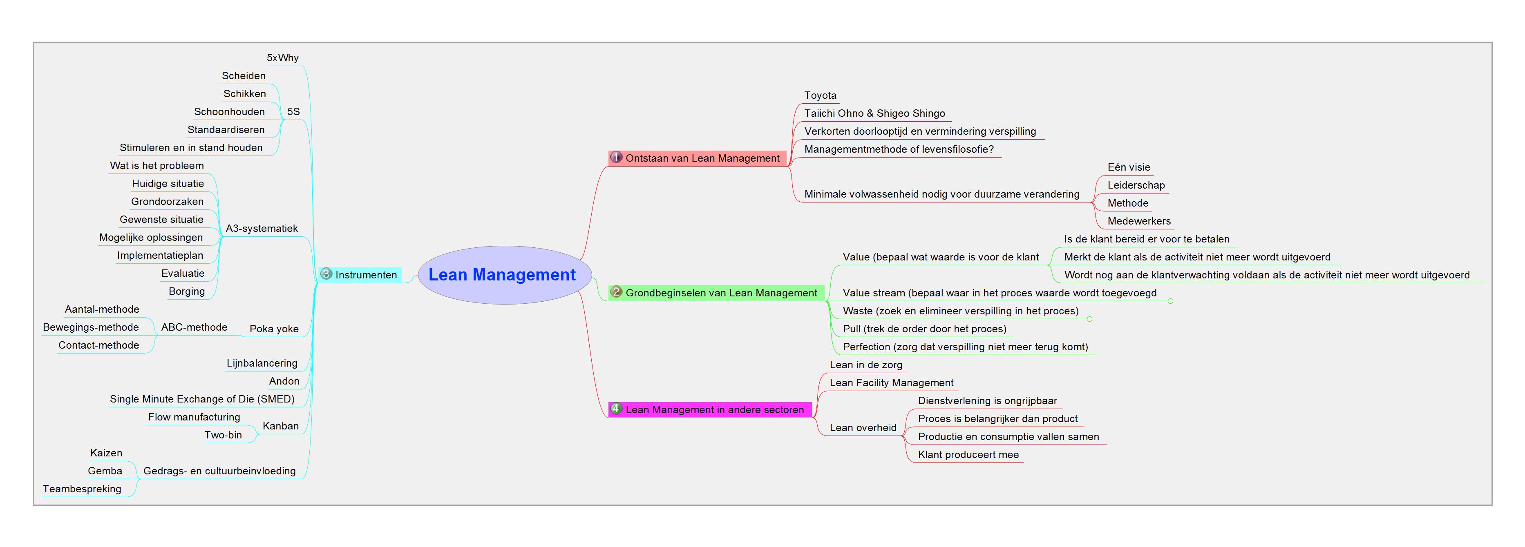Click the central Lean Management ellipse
point(504,275)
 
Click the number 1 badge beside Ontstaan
point(616,157)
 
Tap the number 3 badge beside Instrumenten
point(326,274)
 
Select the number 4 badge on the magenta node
point(616,409)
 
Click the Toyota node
point(820,95)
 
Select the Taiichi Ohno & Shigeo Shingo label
point(874,113)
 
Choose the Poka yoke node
point(274,329)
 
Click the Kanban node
point(281,426)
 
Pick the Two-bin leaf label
point(223,435)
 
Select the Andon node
point(284,381)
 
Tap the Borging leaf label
point(186,291)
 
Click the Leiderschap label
point(1136,185)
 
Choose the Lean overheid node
point(863,427)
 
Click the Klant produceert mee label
point(968,455)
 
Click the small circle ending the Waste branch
point(1089,319)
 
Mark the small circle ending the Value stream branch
point(1170,301)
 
